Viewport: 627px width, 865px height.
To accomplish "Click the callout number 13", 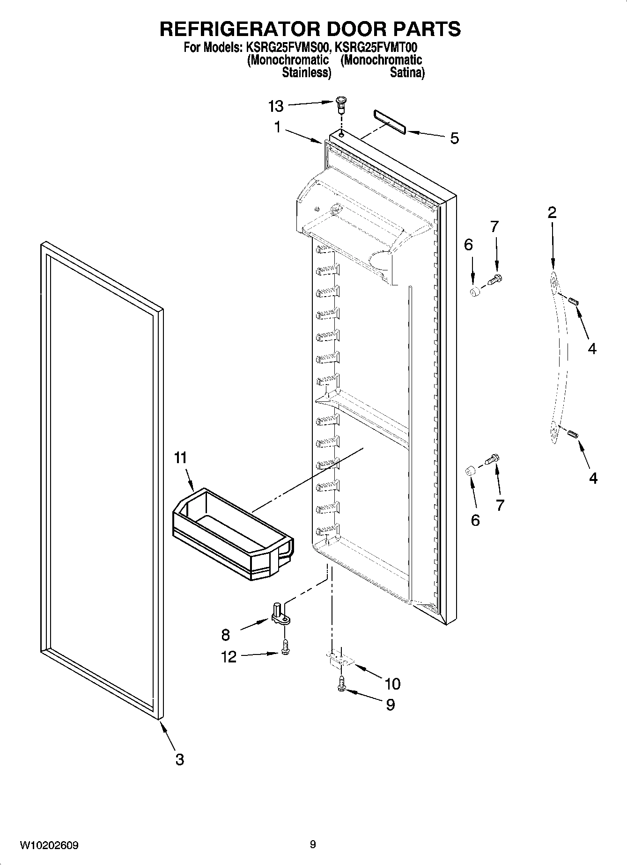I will (x=276, y=107).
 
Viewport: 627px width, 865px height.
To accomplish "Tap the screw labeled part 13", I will (x=342, y=103).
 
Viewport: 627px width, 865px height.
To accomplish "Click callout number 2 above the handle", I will (x=552, y=213).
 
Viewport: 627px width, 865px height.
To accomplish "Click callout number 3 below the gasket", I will (x=179, y=760).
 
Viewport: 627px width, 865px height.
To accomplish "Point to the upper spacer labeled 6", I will (x=475, y=293).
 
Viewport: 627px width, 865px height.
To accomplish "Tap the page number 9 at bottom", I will (x=312, y=844).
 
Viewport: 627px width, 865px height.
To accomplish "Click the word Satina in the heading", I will (x=407, y=73).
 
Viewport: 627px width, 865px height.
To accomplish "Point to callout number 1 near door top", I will (x=277, y=127).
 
